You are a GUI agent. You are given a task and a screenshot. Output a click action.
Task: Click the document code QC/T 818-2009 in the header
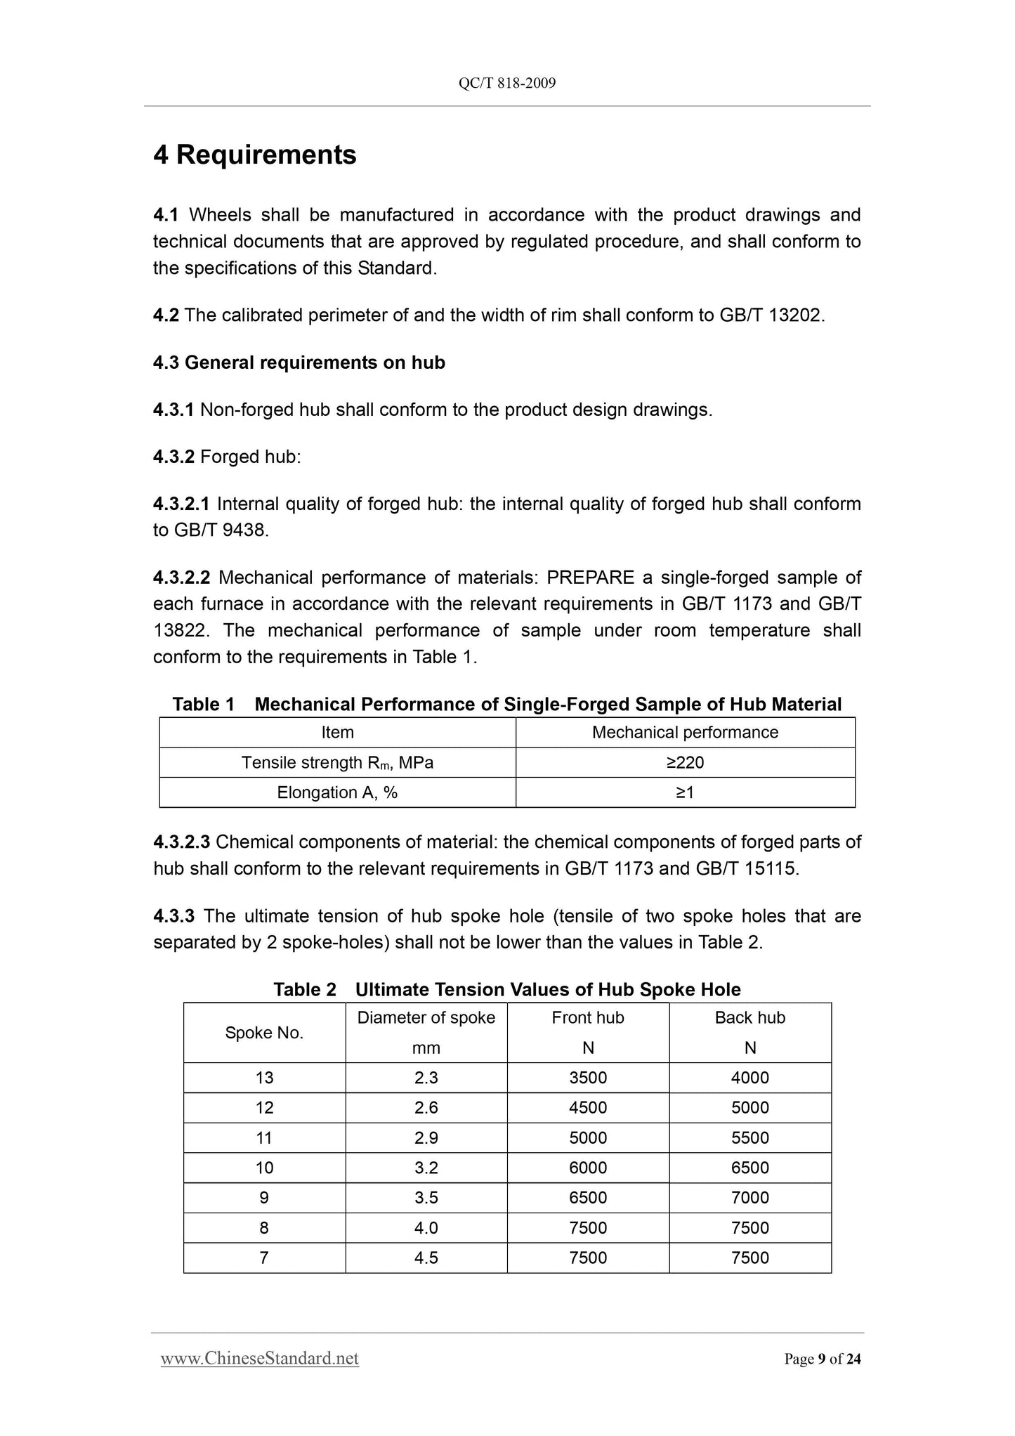(x=507, y=84)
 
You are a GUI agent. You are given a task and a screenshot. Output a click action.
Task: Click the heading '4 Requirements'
(x=255, y=155)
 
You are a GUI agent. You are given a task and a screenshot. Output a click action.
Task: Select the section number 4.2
(x=166, y=315)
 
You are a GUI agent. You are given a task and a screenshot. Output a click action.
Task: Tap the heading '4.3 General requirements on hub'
(x=299, y=363)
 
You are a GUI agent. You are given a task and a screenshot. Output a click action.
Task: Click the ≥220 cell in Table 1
(x=685, y=762)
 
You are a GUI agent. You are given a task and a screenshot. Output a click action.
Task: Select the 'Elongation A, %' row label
(x=337, y=792)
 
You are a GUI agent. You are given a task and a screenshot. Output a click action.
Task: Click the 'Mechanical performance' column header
(x=685, y=732)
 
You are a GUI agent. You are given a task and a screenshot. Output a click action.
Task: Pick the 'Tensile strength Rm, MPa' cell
(x=337, y=762)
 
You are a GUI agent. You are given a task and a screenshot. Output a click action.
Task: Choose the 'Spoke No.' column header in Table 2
(x=264, y=1033)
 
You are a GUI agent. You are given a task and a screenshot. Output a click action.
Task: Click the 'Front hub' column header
(x=588, y=1018)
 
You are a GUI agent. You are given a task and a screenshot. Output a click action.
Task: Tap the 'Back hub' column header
(x=750, y=1018)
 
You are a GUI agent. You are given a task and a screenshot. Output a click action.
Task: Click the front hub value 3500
(x=588, y=1078)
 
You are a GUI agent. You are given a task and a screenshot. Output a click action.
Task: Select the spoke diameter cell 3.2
(x=426, y=1168)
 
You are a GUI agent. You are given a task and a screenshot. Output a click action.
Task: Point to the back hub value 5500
(x=750, y=1138)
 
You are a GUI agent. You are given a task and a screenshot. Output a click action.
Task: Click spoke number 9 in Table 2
(x=264, y=1198)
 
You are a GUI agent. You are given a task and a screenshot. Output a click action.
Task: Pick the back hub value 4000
(x=750, y=1078)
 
